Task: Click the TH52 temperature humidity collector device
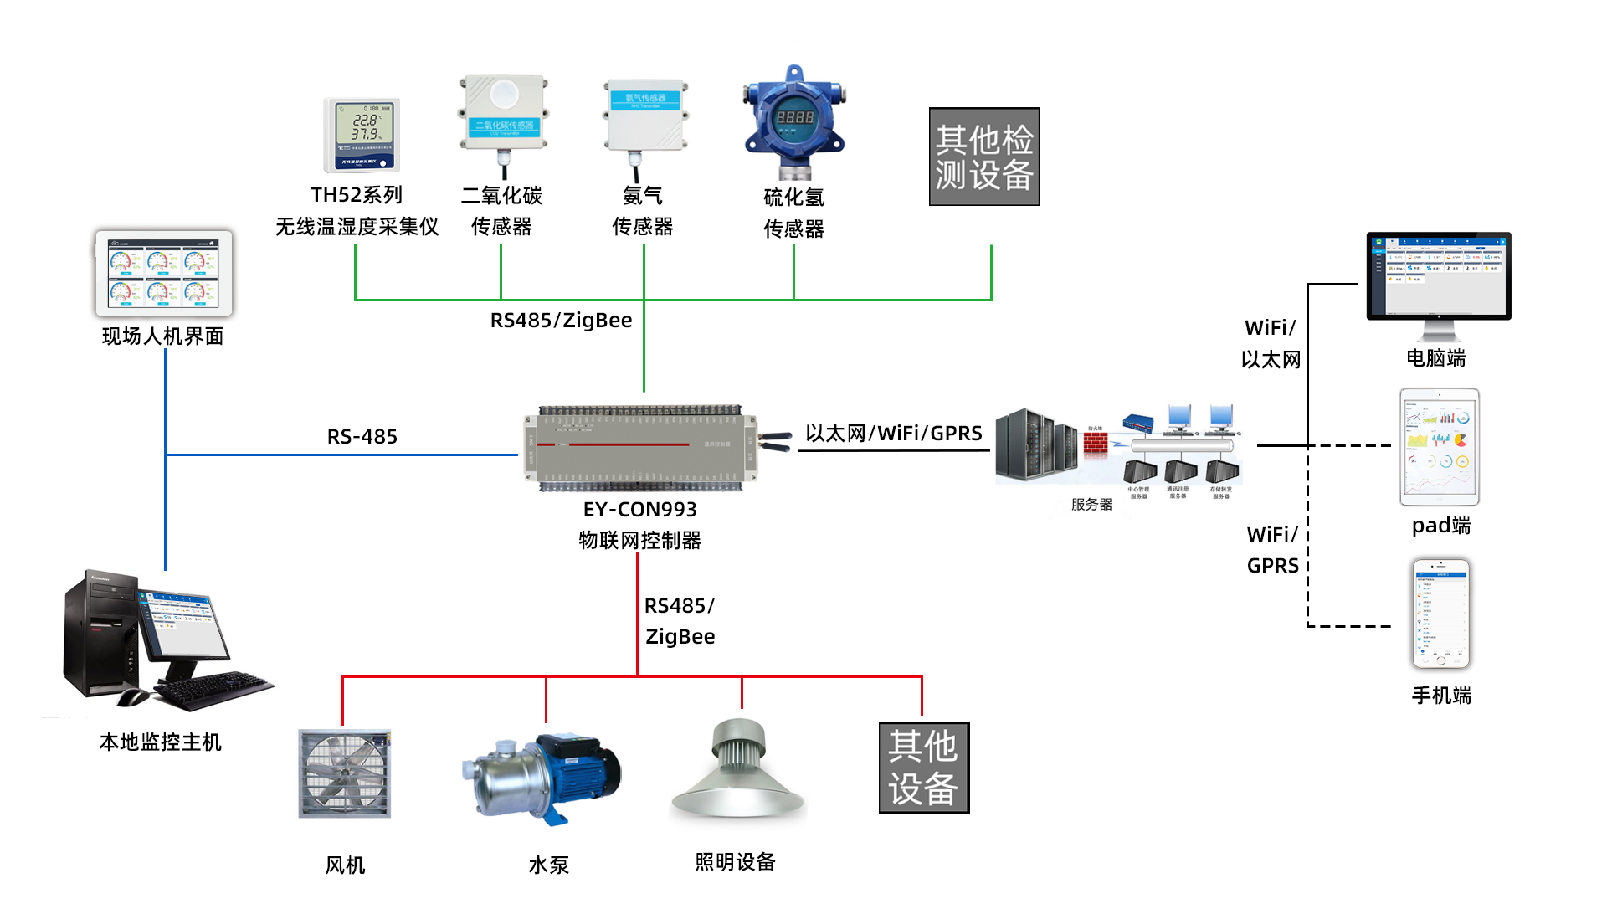[x=362, y=135]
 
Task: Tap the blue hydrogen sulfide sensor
[x=793, y=121]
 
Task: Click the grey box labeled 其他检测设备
[x=984, y=157]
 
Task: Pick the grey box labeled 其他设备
[x=923, y=768]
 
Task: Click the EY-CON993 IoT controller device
[x=641, y=448]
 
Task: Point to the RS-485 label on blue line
[x=362, y=436]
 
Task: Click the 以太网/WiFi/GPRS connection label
[x=893, y=433]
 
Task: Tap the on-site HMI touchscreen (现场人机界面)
[x=164, y=274]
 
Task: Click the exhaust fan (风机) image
[x=345, y=773]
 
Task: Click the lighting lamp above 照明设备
[x=739, y=770]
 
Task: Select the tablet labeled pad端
[x=1440, y=447]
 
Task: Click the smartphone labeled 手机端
[x=1440, y=614]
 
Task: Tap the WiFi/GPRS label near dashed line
[x=1272, y=549]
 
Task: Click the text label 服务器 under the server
[x=1091, y=504]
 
